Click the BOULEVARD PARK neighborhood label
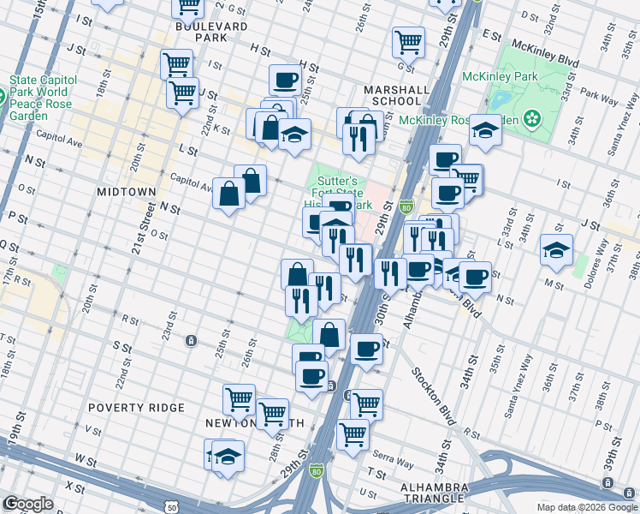199,32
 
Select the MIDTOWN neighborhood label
126,191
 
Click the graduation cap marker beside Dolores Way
556,249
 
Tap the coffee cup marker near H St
286,80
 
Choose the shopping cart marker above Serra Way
353,433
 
